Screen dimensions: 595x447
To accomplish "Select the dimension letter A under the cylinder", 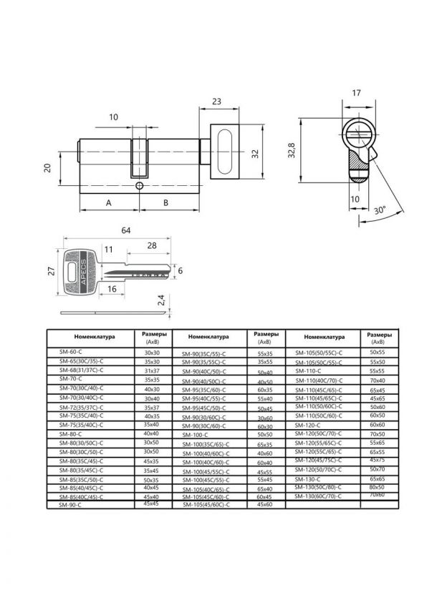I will (108, 202).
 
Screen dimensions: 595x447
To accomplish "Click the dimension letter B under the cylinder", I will (167, 202).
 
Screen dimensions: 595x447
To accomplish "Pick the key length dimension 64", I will (125, 230).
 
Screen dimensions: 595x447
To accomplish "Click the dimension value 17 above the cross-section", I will (357, 93).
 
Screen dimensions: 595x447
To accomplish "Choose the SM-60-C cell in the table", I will (72, 353).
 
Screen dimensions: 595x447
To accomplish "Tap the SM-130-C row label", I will (308, 478).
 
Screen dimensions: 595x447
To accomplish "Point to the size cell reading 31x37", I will (151, 371).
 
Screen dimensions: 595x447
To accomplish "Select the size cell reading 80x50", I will (376, 488).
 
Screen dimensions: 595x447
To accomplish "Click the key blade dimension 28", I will (152, 246).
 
